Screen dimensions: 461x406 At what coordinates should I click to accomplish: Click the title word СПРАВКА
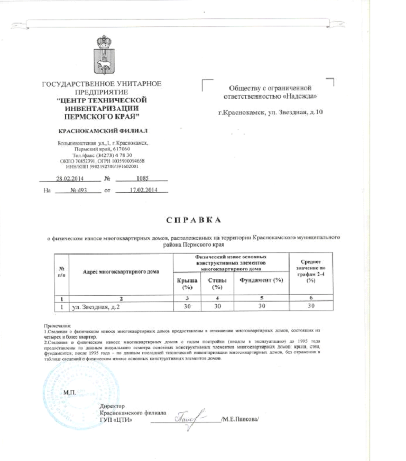coord(193,220)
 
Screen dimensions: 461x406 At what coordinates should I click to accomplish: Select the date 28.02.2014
coord(70,178)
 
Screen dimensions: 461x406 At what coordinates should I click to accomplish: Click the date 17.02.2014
coord(144,190)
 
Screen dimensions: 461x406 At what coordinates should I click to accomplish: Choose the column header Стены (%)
coord(216,284)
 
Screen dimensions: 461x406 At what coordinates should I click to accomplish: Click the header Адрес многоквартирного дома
coord(121,271)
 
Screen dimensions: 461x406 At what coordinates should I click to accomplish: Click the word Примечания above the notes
coord(60,326)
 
